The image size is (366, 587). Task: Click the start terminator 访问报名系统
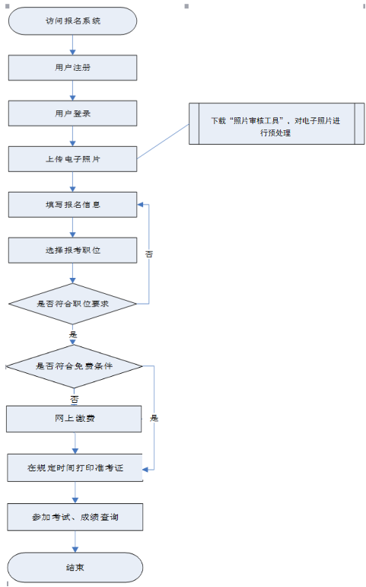coord(72,21)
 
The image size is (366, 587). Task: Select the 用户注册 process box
coord(72,68)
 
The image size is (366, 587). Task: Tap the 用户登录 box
coord(72,113)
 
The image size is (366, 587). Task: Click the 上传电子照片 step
coord(72,159)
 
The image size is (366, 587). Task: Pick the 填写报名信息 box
coord(72,205)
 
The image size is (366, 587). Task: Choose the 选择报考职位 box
coord(72,250)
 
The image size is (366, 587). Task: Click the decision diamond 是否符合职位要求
coord(72,304)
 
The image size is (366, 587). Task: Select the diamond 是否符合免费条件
coord(74,366)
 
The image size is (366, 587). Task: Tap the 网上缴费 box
coord(74,419)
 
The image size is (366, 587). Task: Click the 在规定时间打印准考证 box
coord(75,468)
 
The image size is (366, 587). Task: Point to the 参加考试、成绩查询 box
coord(75,517)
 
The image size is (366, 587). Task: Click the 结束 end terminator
coord(75,567)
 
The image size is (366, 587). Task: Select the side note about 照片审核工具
coord(276,123)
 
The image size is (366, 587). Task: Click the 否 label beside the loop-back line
coord(149,254)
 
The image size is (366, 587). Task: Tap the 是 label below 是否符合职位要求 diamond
coord(73,334)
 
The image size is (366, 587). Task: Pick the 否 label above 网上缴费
coord(74,399)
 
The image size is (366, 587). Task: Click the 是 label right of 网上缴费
coord(154,418)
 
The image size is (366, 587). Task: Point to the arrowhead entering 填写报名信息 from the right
coord(140,205)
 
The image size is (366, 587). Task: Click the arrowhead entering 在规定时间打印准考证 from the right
coord(145,470)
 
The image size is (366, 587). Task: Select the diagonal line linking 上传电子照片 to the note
coord(163,142)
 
